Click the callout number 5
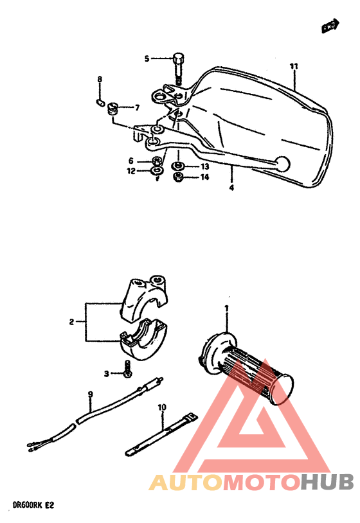[146, 59]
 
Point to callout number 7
[136, 107]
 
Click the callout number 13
[204, 166]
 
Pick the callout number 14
[204, 177]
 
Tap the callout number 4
[231, 188]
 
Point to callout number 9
[90, 394]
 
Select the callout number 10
[161, 407]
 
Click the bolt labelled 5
[178, 67]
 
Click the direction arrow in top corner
[330, 26]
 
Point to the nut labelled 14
[179, 177]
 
